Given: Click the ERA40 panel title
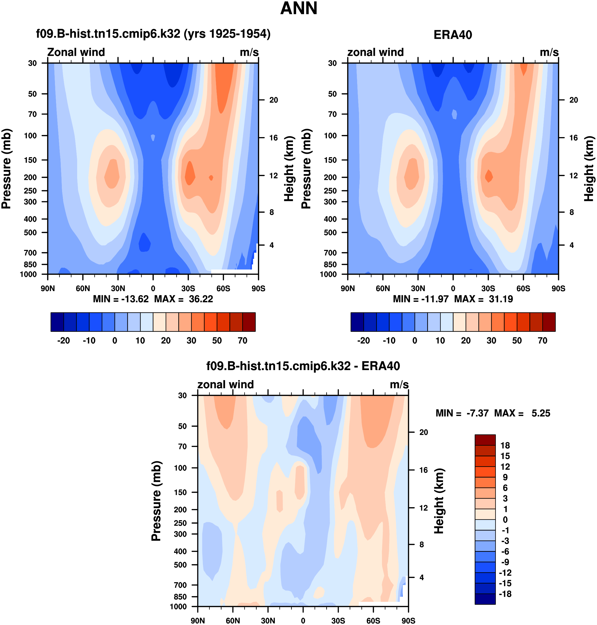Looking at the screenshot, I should click(453, 35).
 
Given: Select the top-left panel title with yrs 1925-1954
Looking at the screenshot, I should click(153, 33).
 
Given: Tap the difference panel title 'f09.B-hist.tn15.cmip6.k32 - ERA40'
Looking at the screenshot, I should click(303, 366).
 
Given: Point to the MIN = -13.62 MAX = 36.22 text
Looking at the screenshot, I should click(153, 299).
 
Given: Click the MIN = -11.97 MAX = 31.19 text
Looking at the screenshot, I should click(453, 299).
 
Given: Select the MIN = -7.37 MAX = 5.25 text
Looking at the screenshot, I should click(493, 413).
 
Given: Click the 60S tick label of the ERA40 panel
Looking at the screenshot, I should click(523, 288).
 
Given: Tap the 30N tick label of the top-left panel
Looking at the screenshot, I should click(118, 288).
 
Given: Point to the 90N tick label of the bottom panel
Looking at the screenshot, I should click(198, 621).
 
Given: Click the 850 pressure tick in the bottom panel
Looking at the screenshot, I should click(180, 597).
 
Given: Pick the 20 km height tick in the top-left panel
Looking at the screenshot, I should click(274, 100).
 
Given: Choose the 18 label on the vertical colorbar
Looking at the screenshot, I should click(505, 446).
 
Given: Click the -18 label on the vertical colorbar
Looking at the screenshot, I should click(505, 594).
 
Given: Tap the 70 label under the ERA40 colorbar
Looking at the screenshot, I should click(542, 341).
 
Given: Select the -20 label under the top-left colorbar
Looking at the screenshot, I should click(63, 341).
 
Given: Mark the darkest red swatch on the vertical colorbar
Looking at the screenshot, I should click(485, 440).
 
